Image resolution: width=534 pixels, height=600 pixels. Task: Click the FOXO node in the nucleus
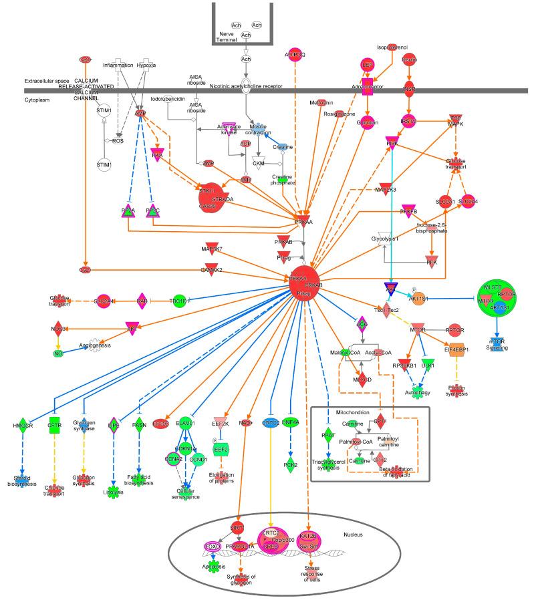pyautogui.click(x=213, y=546)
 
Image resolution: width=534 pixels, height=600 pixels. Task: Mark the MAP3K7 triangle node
pyautogui.click(x=211, y=250)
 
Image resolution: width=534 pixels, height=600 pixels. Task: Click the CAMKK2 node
pyautogui.click(x=211, y=270)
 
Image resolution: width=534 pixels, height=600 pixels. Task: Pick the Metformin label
pyautogui.click(x=321, y=102)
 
